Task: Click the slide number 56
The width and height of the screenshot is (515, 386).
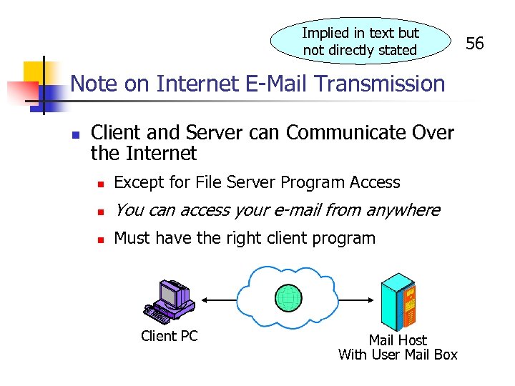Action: click(x=475, y=44)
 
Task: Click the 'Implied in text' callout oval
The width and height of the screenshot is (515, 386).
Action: click(x=360, y=41)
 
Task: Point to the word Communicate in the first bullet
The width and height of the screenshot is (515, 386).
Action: click(x=343, y=133)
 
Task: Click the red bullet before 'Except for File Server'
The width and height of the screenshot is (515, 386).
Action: click(x=101, y=184)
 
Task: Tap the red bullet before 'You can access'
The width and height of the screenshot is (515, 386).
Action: click(x=101, y=211)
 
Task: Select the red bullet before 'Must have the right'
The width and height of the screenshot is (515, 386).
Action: click(x=101, y=239)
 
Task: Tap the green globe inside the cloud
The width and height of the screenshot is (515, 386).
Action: click(x=289, y=299)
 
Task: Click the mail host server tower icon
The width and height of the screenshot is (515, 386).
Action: click(x=398, y=300)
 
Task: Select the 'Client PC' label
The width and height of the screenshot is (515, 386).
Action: click(x=169, y=336)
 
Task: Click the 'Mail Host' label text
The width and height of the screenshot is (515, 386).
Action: click(x=398, y=340)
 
